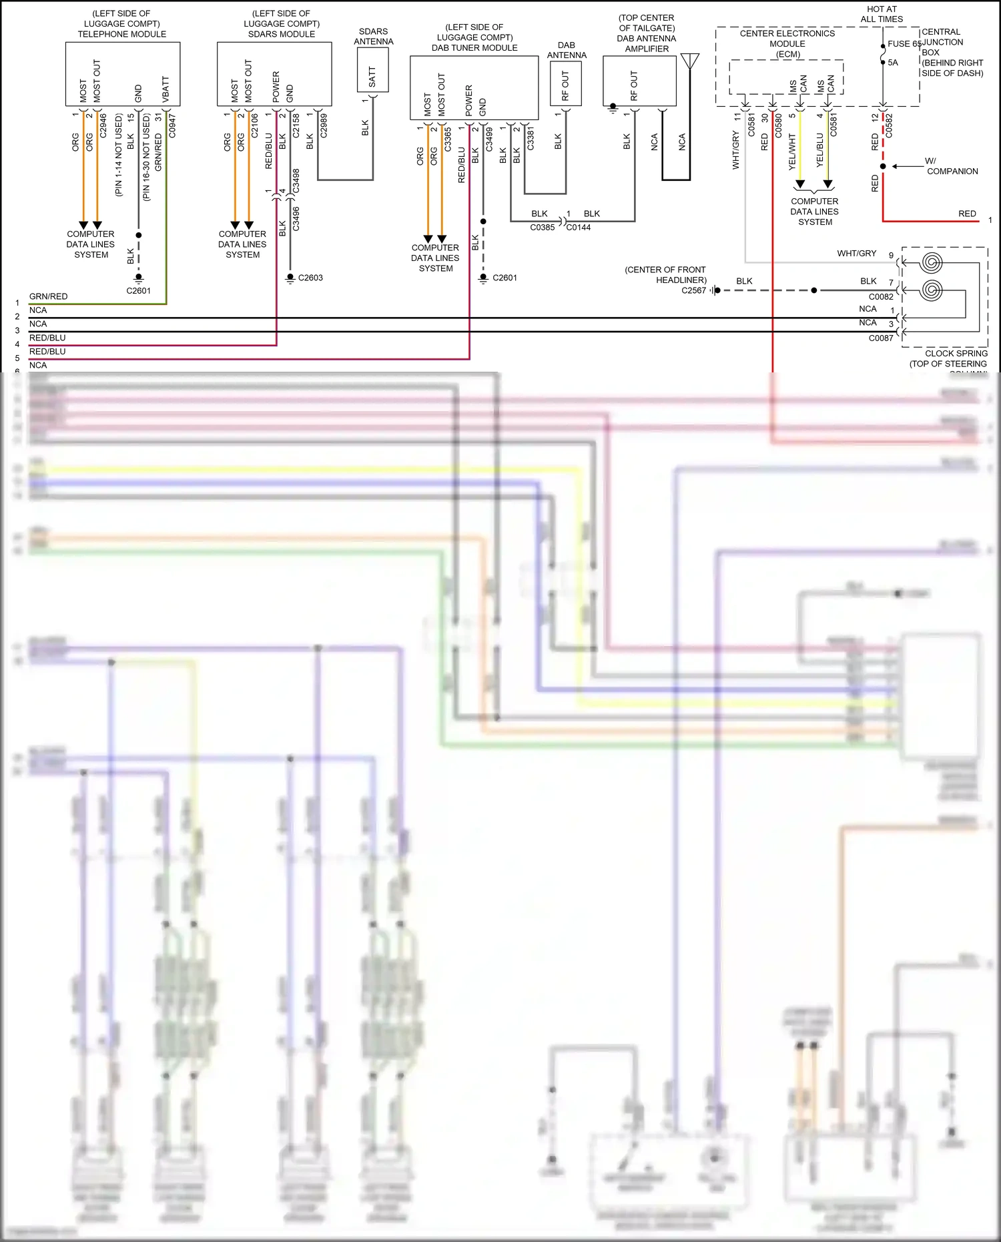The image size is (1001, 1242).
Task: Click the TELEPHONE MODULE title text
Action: click(x=121, y=34)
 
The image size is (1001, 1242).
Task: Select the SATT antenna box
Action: click(x=372, y=69)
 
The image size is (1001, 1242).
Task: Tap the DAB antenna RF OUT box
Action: click(x=565, y=83)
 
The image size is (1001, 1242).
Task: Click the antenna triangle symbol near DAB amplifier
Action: click(x=690, y=61)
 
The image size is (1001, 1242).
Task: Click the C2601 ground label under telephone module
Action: click(x=138, y=291)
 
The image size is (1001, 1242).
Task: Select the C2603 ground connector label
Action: click(x=310, y=278)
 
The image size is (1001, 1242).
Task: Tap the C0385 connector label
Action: click(x=542, y=228)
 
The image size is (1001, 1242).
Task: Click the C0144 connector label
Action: click(x=579, y=228)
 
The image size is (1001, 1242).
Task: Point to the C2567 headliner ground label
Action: click(x=693, y=290)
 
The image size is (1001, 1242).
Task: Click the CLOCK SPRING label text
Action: click(x=956, y=353)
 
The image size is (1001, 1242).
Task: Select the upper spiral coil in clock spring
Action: click(x=930, y=262)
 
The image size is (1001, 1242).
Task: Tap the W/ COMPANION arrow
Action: click(x=908, y=166)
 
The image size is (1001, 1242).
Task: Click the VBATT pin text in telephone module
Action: click(x=165, y=89)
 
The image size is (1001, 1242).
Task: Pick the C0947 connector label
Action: click(x=172, y=126)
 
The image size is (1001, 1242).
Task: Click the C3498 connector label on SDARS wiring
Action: click(x=296, y=181)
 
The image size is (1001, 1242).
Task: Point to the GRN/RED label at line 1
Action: click(x=48, y=296)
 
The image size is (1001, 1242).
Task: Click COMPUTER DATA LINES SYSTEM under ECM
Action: click(x=814, y=212)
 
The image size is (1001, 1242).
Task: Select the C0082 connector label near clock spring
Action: click(x=880, y=297)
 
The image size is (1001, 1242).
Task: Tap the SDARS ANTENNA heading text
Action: click(x=373, y=36)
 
